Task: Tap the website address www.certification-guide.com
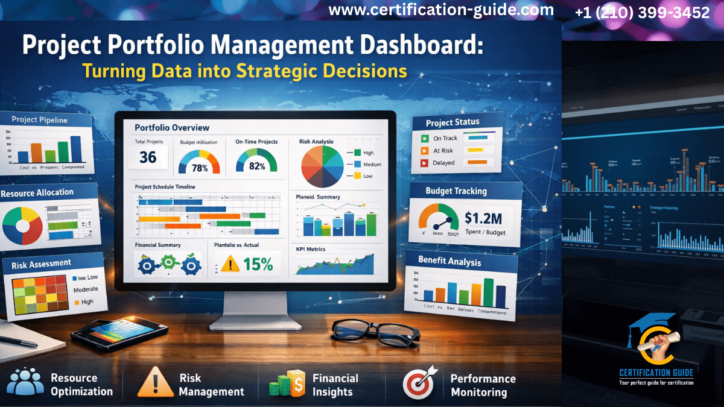coord(441,10)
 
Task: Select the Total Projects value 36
coord(148,158)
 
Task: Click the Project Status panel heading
coord(453,122)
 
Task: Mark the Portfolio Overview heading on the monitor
coord(172,128)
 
